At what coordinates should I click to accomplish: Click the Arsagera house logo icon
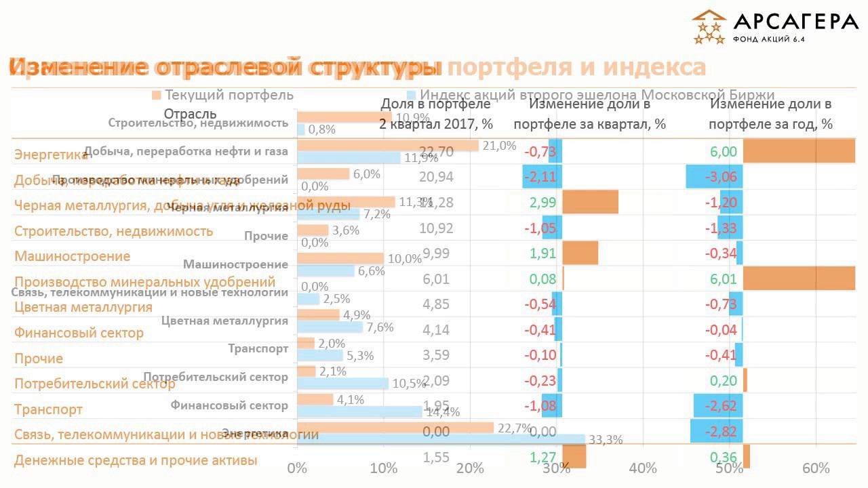tap(709, 27)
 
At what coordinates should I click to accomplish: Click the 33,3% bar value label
tap(605, 440)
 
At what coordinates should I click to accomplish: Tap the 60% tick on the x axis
tap(816, 468)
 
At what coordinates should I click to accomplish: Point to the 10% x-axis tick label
tap(384, 468)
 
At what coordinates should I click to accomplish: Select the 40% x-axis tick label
tap(643, 468)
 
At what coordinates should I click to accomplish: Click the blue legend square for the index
tap(411, 95)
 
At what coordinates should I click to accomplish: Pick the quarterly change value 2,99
tap(542, 203)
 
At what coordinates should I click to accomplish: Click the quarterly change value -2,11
tap(540, 178)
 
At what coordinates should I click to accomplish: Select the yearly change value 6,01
tap(724, 279)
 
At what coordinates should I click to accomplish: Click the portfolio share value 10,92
tap(436, 228)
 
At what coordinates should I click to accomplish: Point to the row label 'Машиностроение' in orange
tap(72, 257)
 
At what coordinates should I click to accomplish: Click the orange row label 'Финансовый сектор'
tap(79, 333)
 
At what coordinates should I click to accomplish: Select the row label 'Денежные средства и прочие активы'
tap(136, 461)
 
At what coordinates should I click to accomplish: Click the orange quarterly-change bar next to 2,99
tap(590, 202)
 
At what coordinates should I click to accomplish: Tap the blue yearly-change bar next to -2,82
tap(716, 431)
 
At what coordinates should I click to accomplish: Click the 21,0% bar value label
tap(499, 145)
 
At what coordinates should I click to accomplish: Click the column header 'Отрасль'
tap(190, 113)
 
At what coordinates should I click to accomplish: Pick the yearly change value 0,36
tap(724, 457)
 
